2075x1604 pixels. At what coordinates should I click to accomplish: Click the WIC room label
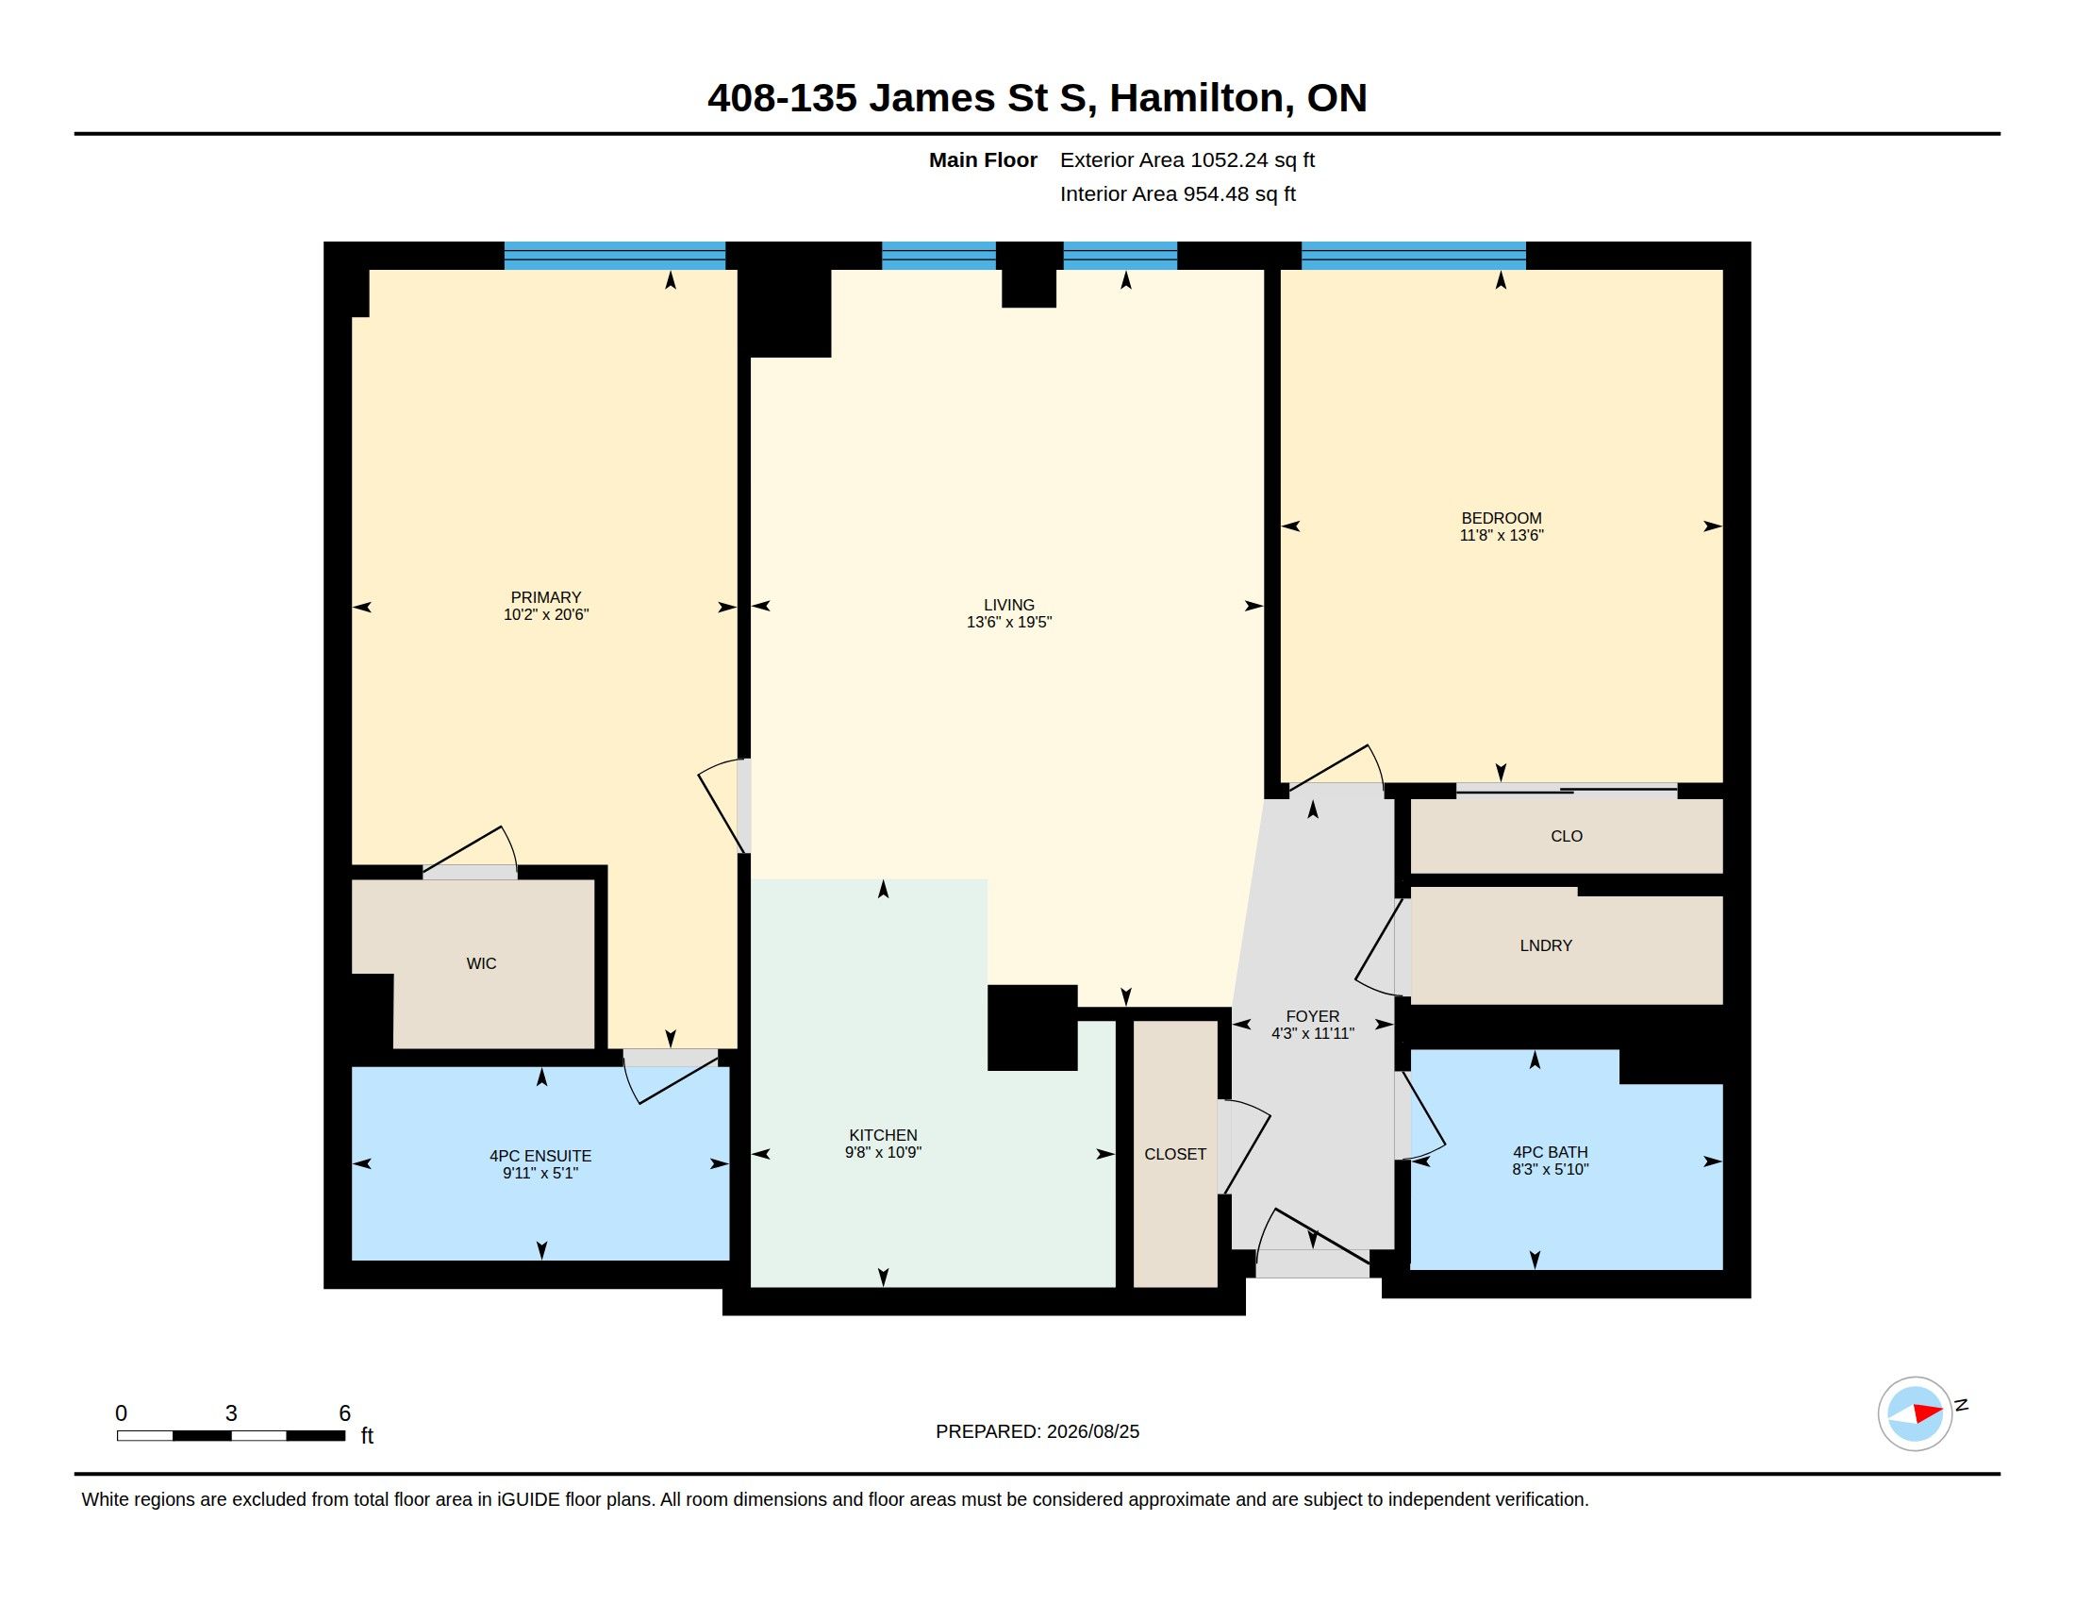coord(481,963)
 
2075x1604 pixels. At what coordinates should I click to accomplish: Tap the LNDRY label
coord(1546,945)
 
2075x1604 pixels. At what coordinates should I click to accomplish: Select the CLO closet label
coord(1567,836)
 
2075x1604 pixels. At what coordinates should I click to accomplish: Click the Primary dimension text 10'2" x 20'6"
coord(546,615)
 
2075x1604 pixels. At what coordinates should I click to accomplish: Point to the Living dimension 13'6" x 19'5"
coord(1009,623)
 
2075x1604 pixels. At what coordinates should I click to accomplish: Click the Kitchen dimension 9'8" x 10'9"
coord(884,1153)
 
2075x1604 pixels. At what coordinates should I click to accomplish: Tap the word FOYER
coord(1313,1017)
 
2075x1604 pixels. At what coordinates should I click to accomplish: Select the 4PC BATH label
coord(1551,1153)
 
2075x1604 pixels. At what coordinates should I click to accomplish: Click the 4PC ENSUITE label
coord(540,1157)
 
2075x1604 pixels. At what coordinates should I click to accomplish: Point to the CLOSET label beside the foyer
coord(1175,1155)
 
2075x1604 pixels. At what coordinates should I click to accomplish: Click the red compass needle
coord(1928,1413)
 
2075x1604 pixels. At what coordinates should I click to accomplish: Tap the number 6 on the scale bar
coord(345,1413)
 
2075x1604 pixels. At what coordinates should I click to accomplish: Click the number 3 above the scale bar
coord(231,1413)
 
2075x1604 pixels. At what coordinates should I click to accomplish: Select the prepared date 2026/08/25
coord(1092,1432)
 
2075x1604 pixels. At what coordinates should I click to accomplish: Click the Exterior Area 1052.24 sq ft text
coord(1187,159)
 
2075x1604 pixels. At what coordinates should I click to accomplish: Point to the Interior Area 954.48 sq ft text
coord(1178,193)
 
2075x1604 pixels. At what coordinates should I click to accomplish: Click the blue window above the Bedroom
coord(1414,256)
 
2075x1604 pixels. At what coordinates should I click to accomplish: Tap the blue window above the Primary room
coord(615,256)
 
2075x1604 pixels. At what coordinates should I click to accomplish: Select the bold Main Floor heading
coord(984,159)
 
